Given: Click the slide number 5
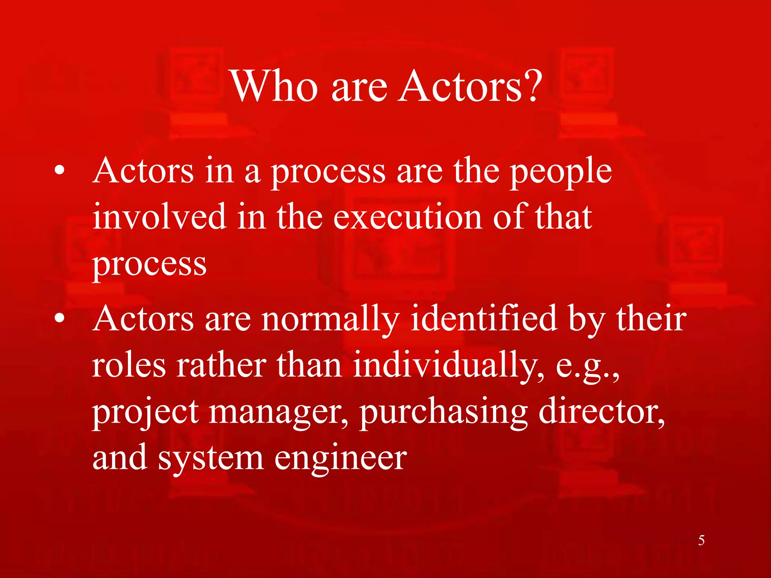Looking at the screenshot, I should click(x=701, y=540).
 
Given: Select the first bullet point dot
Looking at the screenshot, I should click(x=59, y=171).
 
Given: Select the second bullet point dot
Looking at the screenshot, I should click(x=59, y=319).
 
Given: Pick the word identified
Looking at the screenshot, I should click(x=484, y=319).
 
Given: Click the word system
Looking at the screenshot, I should click(x=210, y=459).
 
